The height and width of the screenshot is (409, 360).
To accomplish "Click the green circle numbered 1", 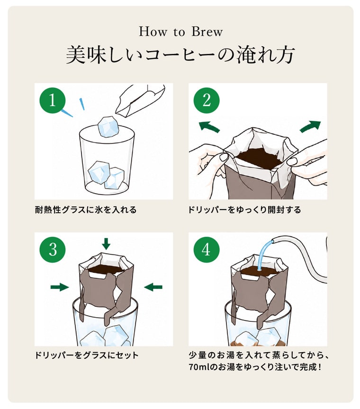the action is pyautogui.click(x=53, y=100).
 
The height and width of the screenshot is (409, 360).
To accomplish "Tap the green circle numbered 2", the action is pyautogui.click(x=207, y=100).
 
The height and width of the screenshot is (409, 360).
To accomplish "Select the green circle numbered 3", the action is pyautogui.click(x=53, y=249).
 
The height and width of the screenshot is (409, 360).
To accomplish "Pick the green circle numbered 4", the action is pyautogui.click(x=207, y=249).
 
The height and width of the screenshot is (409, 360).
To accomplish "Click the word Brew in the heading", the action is pyautogui.click(x=207, y=32).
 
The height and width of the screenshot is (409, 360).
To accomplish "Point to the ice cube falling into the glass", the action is pyautogui.click(x=108, y=127).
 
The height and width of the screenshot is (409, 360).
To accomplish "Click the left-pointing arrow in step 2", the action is pyautogui.click(x=209, y=126).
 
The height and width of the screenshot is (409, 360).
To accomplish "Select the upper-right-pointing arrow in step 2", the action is pyautogui.click(x=310, y=126).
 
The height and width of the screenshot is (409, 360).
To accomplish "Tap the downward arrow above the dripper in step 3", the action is pyautogui.click(x=106, y=244).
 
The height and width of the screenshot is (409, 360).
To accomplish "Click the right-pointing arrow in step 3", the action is pyautogui.click(x=60, y=287).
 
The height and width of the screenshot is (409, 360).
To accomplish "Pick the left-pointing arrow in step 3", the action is pyautogui.click(x=153, y=287).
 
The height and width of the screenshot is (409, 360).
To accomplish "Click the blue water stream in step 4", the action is pyautogui.click(x=264, y=256).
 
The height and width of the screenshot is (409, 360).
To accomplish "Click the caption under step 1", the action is pyautogui.click(x=86, y=210).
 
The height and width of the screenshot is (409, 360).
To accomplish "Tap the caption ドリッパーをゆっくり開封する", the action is pyautogui.click(x=244, y=210).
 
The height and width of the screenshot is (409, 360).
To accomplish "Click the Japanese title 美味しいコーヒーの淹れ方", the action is pyautogui.click(x=180, y=54).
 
